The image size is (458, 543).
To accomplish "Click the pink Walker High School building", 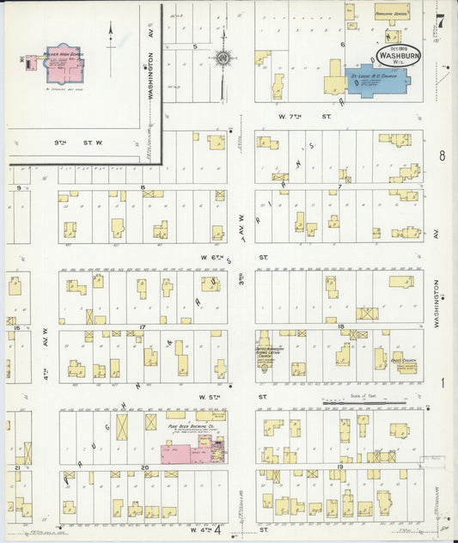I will click(x=58, y=62).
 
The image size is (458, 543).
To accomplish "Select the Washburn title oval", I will click(x=397, y=53).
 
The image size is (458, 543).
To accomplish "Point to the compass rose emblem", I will click(x=224, y=58).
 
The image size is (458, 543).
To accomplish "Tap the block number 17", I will click(x=143, y=327).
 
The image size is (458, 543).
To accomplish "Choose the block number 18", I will click(x=341, y=327).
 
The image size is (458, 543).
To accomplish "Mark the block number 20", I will click(x=143, y=468).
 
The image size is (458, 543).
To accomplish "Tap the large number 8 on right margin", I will click(x=442, y=156).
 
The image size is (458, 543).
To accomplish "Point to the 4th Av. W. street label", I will click(x=42, y=344).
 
